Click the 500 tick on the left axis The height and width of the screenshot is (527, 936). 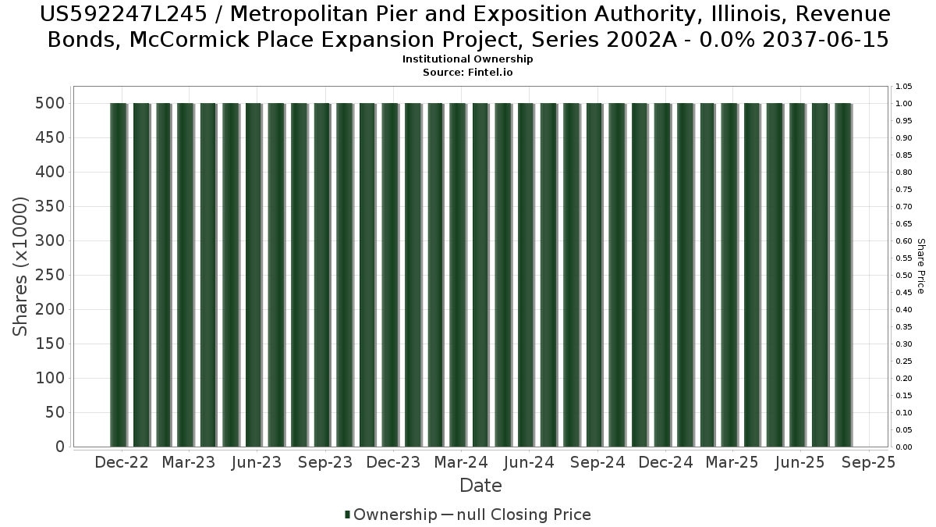tap(49, 104)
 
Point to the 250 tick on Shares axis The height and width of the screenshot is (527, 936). tap(49, 276)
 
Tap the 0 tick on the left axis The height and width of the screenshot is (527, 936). tap(59, 447)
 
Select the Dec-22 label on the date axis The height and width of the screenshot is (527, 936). tap(121, 463)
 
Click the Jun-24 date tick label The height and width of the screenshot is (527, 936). tap(529, 463)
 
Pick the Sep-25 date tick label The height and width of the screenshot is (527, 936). tap(869, 463)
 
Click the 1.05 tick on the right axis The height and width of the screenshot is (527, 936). tap(904, 87)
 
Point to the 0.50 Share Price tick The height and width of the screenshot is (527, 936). tap(904, 276)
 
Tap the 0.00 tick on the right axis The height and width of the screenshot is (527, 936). tap(904, 447)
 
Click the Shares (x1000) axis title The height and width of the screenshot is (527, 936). tap(21, 266)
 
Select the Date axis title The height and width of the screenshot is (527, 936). tap(480, 486)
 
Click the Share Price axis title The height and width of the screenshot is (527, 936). tap(920, 266)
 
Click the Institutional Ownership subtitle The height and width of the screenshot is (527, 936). tap(468, 59)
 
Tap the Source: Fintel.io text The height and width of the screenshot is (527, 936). tap(468, 72)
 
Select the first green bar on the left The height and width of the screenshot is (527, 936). tap(118, 275)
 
